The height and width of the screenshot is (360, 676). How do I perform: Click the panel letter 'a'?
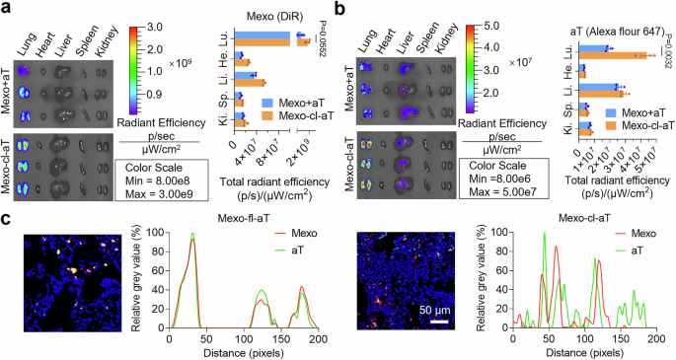(7, 8)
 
